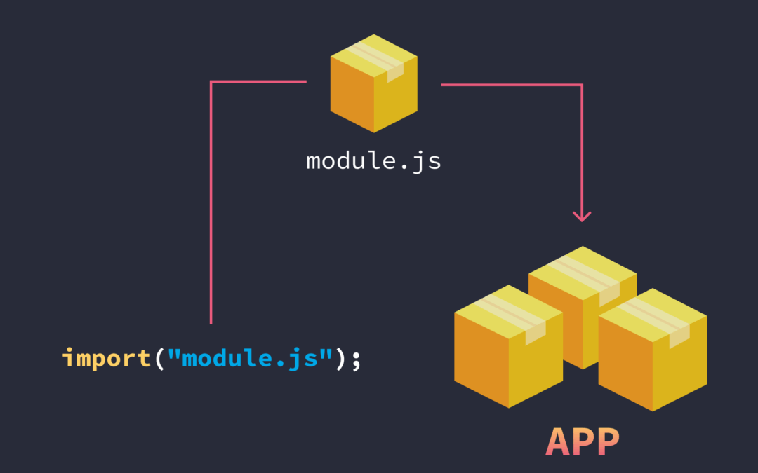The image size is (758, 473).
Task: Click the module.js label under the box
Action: [373, 161]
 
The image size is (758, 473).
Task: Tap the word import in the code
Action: [106, 359]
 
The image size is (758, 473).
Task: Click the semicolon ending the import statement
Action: [356, 360]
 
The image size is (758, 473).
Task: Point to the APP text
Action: [583, 441]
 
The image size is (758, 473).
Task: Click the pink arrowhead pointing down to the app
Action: [582, 216]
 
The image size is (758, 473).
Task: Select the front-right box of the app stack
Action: [652, 353]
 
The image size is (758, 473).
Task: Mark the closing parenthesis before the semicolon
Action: [341, 359]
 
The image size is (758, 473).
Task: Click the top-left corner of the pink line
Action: [211, 82]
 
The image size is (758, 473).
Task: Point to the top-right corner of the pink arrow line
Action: [582, 85]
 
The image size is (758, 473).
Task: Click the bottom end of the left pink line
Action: [211, 322]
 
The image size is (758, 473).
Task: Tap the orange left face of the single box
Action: [352, 95]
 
